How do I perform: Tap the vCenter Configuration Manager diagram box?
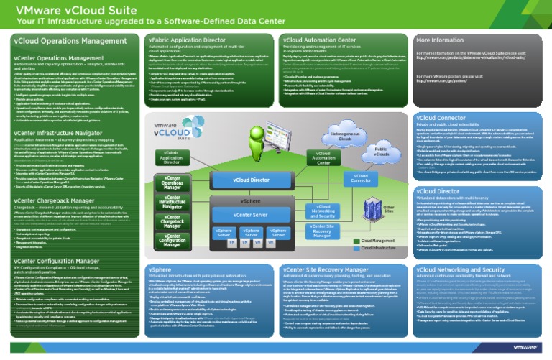click(x=172, y=243)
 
